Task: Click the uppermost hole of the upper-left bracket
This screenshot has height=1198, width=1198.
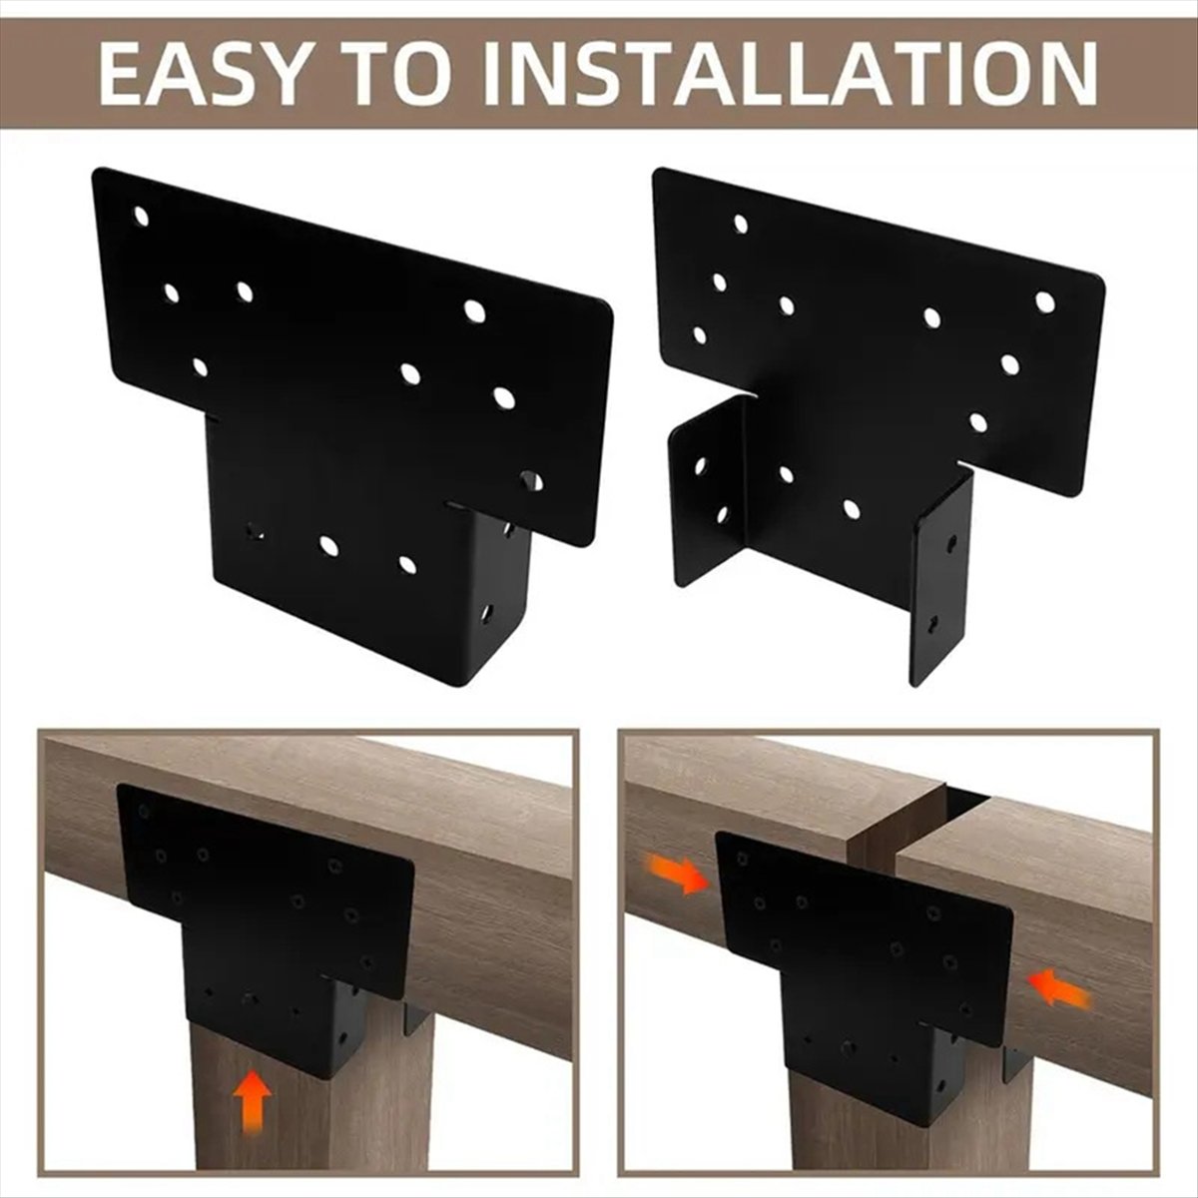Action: tap(141, 217)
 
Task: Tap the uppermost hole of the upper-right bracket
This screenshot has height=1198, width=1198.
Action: tap(741, 224)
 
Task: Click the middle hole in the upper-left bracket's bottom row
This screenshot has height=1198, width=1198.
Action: tap(329, 546)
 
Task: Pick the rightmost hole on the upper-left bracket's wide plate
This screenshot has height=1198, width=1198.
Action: tap(530, 481)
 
